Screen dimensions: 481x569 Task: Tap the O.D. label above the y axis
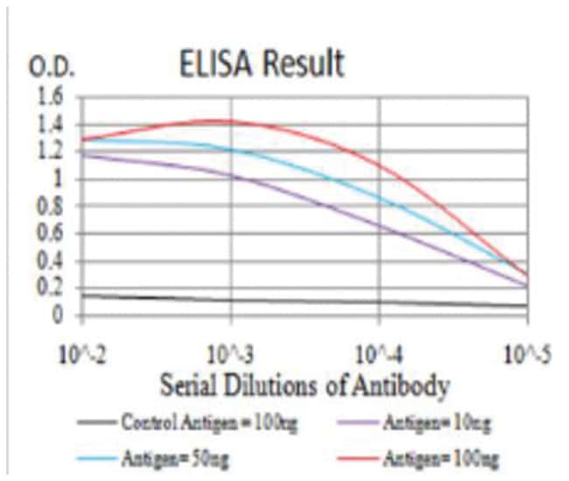pos(54,68)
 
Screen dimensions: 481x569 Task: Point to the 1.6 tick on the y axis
pos(52,97)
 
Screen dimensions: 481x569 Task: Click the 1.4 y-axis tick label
pos(52,124)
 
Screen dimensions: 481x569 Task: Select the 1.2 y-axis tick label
pos(52,152)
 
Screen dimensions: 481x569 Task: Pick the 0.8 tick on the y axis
pos(52,207)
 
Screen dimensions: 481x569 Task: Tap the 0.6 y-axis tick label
pos(52,234)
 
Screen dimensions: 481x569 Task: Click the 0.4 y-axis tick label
pos(52,261)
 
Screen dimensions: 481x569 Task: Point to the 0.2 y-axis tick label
pos(52,288)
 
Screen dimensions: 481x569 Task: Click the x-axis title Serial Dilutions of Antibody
pos(305,385)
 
